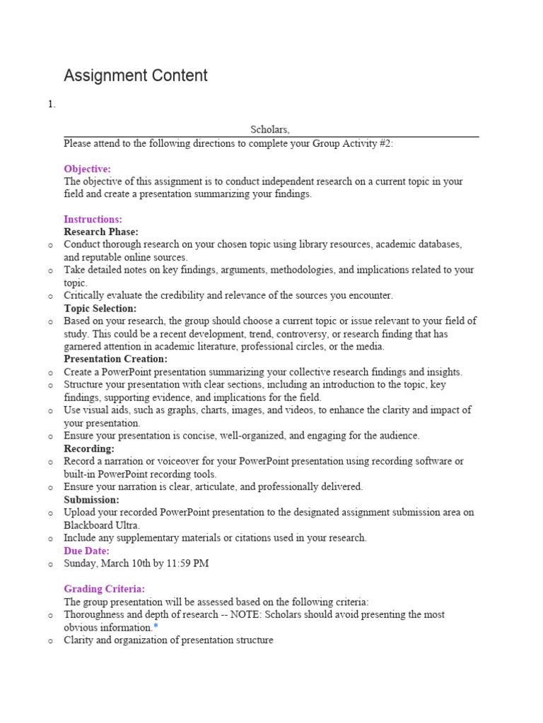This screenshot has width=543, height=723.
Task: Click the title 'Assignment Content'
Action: point(136,76)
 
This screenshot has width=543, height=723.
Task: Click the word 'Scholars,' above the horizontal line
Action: point(270,130)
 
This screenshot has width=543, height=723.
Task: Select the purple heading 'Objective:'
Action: point(87,169)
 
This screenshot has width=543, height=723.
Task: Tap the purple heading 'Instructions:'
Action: point(93,220)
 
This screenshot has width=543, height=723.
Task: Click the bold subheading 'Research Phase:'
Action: point(101,232)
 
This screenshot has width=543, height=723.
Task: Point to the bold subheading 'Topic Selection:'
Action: point(100,309)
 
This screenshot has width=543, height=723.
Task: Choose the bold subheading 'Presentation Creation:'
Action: point(115,359)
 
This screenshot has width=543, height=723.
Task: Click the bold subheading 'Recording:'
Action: point(89,448)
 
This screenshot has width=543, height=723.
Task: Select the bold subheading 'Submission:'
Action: point(91,499)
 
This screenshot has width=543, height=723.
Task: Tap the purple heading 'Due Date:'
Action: point(86,551)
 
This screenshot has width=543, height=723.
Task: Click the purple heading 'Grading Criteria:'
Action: point(105,589)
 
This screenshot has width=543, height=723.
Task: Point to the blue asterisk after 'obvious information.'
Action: point(156,627)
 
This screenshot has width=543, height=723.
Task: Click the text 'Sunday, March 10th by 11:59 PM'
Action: point(136,563)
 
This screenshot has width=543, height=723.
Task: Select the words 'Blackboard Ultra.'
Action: point(103,525)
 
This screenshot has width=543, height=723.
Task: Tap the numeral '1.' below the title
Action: point(52,104)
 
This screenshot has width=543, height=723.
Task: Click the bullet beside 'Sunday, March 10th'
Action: point(50,564)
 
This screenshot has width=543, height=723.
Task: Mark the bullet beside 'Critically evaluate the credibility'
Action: point(50,296)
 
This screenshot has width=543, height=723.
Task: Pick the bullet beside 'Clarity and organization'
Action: point(50,640)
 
